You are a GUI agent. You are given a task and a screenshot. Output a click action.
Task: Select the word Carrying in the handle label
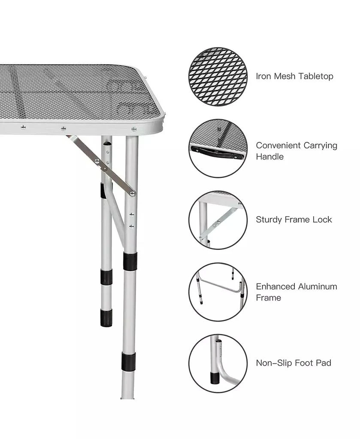[320, 145]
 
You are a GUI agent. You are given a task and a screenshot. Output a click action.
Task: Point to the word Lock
[322, 219]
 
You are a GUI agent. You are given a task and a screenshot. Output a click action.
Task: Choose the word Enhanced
[275, 286]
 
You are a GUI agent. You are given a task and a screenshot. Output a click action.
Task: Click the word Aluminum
[318, 286]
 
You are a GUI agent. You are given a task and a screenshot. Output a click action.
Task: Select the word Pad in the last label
[322, 363]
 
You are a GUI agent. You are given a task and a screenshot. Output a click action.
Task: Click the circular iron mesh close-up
[218, 76]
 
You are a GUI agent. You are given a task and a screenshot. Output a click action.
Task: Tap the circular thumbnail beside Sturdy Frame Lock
[218, 220]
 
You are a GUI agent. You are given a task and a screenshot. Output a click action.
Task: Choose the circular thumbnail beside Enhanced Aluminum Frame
[218, 292]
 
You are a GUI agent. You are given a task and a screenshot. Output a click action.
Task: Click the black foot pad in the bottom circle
[214, 377]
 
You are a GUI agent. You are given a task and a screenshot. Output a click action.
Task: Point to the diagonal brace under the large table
[101, 164]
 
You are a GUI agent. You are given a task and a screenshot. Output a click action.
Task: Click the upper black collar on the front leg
[129, 261]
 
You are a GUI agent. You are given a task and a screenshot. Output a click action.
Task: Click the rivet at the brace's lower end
[133, 193]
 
